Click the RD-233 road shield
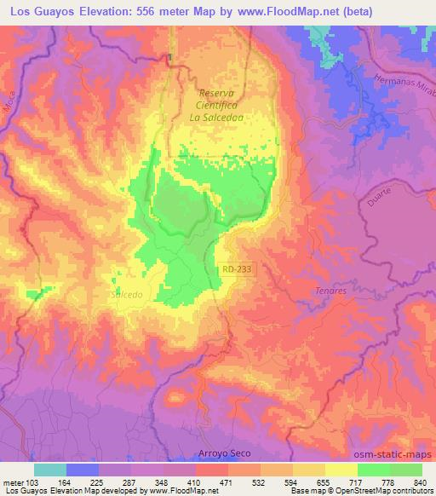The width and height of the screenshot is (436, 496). point(237,269)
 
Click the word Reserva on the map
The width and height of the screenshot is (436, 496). point(215,93)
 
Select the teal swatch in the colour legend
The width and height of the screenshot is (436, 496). point(50,470)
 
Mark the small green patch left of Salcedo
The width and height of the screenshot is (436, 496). point(37,294)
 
